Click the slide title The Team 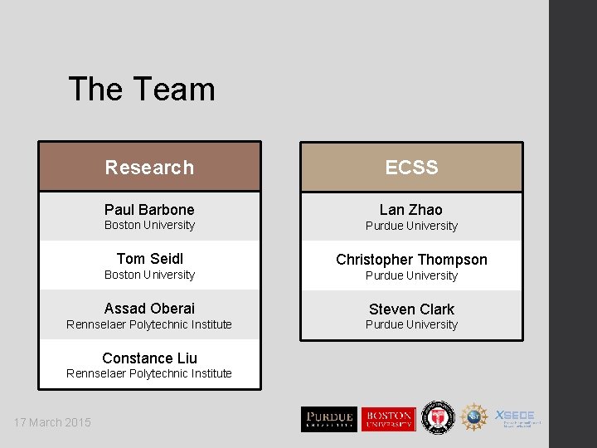(x=141, y=90)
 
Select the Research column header (x=149, y=168)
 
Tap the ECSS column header (x=411, y=168)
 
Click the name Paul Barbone (x=149, y=210)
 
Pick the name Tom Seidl (x=149, y=259)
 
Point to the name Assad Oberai (x=149, y=309)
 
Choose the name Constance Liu (x=149, y=358)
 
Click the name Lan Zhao (x=411, y=210)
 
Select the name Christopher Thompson (x=411, y=260)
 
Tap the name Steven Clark (x=411, y=309)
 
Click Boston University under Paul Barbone (x=149, y=225)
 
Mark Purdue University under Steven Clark (x=411, y=324)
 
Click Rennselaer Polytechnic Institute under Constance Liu (x=149, y=373)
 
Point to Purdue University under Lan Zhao (x=411, y=226)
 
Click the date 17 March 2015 (x=52, y=422)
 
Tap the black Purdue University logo (x=328, y=418)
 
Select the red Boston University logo (x=387, y=418)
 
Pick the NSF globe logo (x=474, y=417)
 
